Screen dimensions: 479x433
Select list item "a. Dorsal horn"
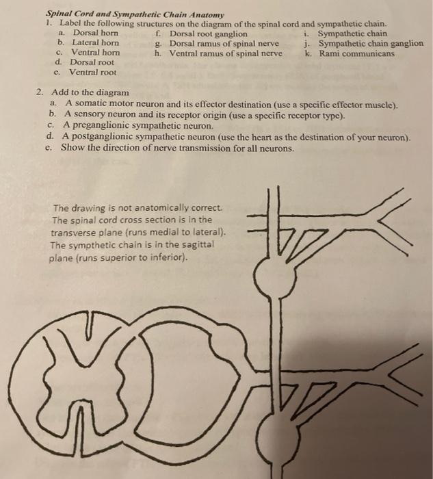pyautogui.click(x=89, y=33)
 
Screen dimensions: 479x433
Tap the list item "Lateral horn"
pyautogui.click(x=95, y=42)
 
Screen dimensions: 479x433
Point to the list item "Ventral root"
pyautogui.click(x=92, y=72)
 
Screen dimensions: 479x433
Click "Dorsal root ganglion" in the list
pyautogui.click(x=208, y=33)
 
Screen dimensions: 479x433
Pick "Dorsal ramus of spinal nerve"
pyautogui.click(x=223, y=42)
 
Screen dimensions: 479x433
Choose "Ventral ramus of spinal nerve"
pyautogui.click(x=225, y=53)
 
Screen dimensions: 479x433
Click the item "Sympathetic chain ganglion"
pyautogui.click(x=370, y=43)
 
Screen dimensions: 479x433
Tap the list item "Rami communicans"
pyautogui.click(x=356, y=53)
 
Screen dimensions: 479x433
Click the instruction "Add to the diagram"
pyautogui.click(x=90, y=92)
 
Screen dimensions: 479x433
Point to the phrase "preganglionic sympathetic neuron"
pyautogui.click(x=148, y=127)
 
